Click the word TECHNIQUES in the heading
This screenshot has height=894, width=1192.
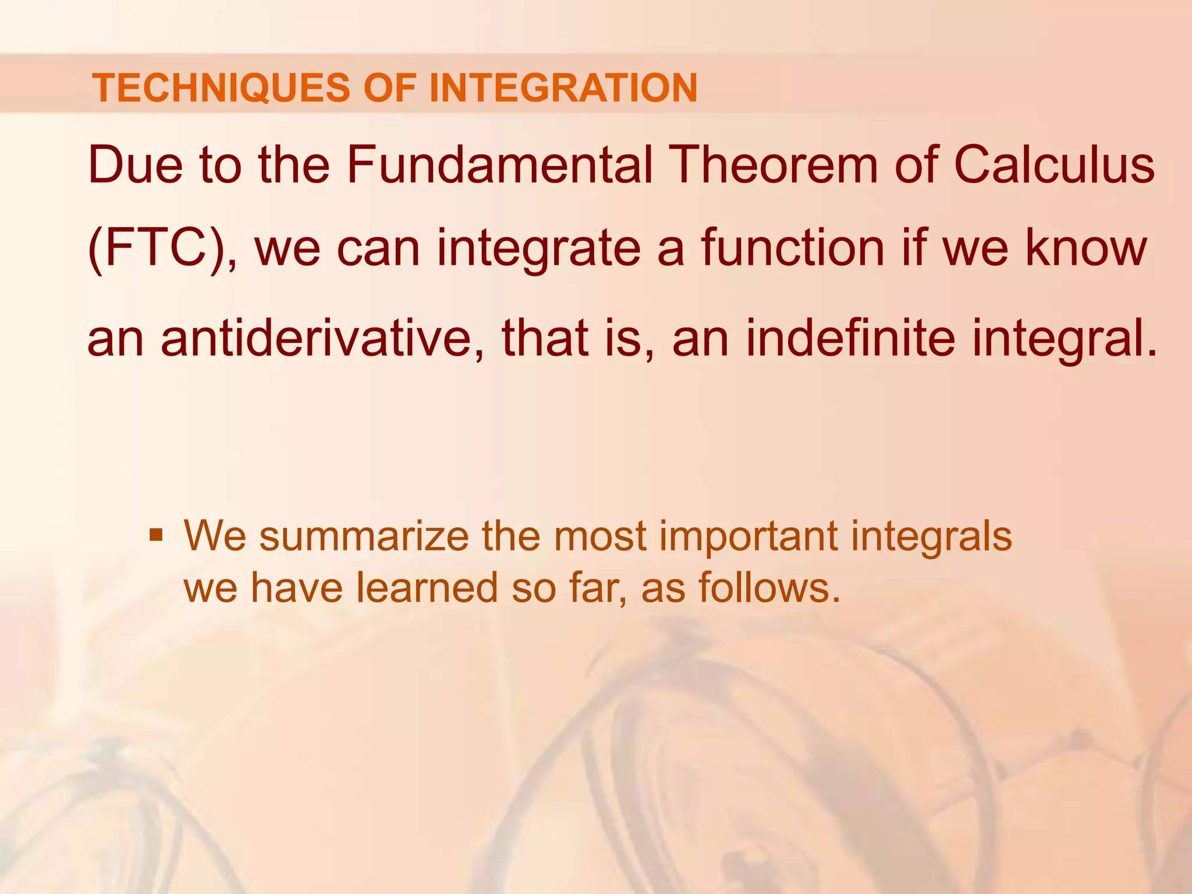(221, 88)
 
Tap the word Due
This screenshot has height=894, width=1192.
(135, 165)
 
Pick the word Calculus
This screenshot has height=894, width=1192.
(1054, 165)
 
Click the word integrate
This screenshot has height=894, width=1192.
(538, 249)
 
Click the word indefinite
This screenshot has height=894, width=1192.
(850, 339)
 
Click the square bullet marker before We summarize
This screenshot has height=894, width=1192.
(155, 534)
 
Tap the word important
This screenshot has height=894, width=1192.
(748, 535)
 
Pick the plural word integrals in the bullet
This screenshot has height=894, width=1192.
(931, 535)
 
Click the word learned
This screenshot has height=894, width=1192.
(427, 588)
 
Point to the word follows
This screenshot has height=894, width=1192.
(769, 588)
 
